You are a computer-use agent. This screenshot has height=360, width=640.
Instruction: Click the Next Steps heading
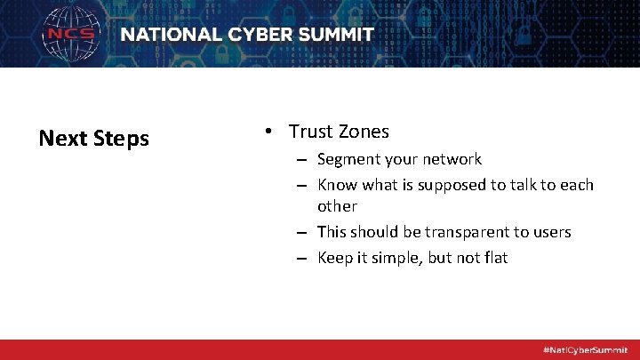pyautogui.click(x=93, y=139)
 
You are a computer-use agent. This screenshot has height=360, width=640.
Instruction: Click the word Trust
pyautogui.click(x=309, y=132)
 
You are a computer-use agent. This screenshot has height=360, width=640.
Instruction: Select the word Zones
pyautogui.click(x=362, y=132)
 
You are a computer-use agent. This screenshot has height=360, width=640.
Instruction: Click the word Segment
pyautogui.click(x=348, y=160)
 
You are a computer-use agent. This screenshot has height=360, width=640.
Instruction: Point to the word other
pyautogui.click(x=337, y=206)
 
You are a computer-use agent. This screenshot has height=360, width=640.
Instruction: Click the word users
pyautogui.click(x=552, y=232)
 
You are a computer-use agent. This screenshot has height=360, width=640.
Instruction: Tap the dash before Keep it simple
pyautogui.click(x=302, y=259)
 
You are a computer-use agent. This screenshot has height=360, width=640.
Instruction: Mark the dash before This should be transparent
pyautogui.click(x=302, y=233)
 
